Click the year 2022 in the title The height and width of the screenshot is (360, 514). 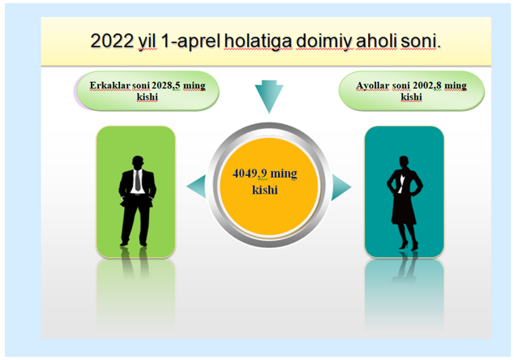coord(112,41)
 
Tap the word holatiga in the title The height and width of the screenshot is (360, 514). coord(258,42)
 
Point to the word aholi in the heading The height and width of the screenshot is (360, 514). coord(377,41)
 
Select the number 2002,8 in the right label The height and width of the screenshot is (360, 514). coord(426,86)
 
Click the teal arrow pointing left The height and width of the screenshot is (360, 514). coord(196,186)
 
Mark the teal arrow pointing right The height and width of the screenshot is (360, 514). coord(341,187)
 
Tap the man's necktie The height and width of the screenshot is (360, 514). coord(138,180)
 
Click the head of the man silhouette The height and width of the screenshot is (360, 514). coord(138,162)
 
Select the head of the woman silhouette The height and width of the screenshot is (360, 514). coord(404,162)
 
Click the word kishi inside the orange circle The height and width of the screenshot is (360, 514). coord(265,190)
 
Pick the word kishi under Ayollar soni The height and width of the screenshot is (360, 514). coord(411,96)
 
